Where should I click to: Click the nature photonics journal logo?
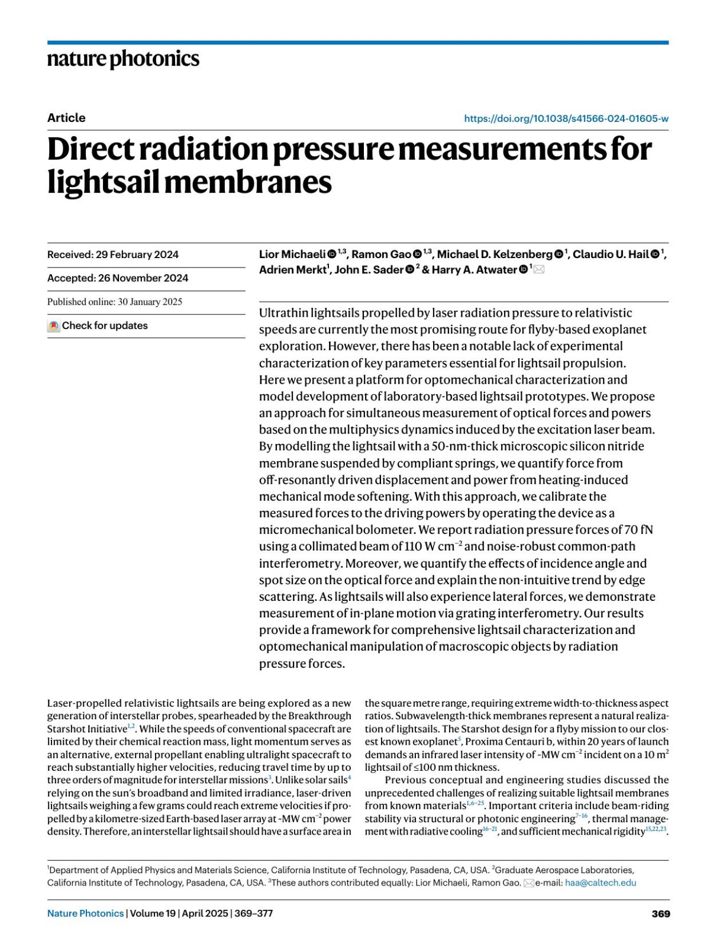coord(123,59)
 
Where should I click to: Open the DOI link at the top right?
coord(566,118)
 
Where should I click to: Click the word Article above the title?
coord(66,118)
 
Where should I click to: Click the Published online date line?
coord(115,302)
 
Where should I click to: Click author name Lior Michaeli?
coord(292,255)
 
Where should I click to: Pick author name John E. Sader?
coord(369,270)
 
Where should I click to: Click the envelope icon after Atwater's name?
coord(539,270)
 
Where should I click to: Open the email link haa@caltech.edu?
coord(601,883)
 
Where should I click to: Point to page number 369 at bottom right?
coord(660,913)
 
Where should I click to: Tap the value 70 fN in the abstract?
coord(638,530)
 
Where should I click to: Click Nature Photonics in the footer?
coord(86,913)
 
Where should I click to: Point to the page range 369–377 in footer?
coord(254,913)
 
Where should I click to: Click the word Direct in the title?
coord(90,149)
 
